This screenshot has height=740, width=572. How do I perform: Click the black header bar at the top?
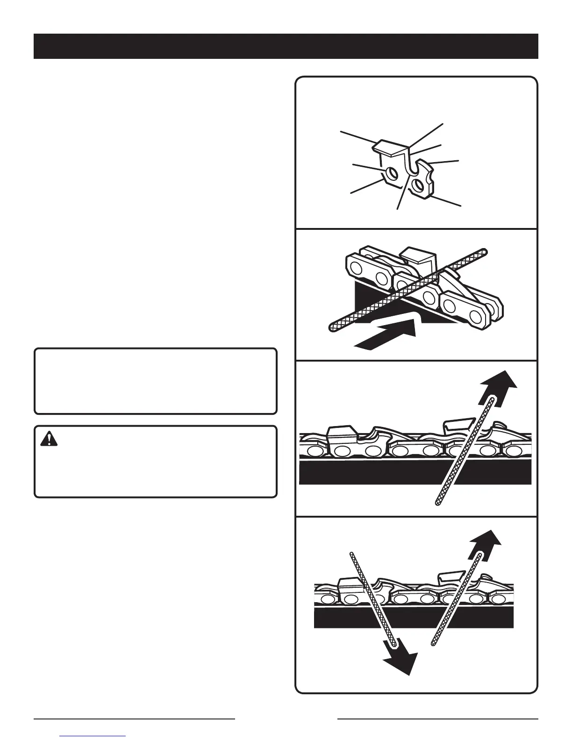[x=286, y=46]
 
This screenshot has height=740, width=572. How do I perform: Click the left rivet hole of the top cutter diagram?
[x=392, y=174]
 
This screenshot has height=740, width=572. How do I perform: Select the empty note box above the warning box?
[x=156, y=381]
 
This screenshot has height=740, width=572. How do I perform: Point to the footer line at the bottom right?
[x=437, y=719]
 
